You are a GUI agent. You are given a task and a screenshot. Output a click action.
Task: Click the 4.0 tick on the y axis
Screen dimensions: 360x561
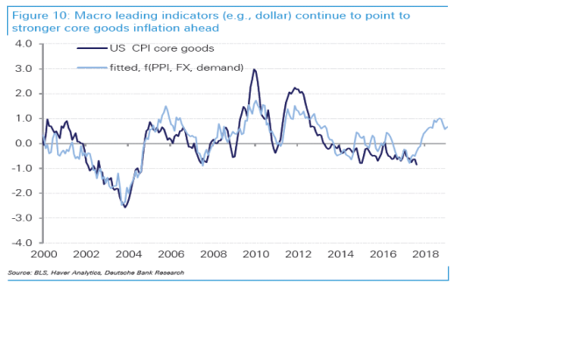[23, 44]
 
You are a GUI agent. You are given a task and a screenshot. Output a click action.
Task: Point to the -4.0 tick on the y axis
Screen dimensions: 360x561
[21, 243]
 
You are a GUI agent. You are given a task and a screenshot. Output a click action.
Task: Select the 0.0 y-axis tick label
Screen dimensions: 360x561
[23, 143]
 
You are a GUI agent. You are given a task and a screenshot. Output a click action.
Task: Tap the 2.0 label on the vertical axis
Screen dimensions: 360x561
[23, 94]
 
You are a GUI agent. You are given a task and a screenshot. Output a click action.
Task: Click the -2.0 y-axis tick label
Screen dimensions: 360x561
[21, 193]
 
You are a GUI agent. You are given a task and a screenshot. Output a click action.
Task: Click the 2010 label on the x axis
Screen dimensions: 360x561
[254, 254]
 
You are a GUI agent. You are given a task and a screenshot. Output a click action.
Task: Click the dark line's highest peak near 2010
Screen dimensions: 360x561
[254, 69]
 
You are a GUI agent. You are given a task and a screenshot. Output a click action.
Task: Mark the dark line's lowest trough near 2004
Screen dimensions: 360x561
[125, 207]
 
